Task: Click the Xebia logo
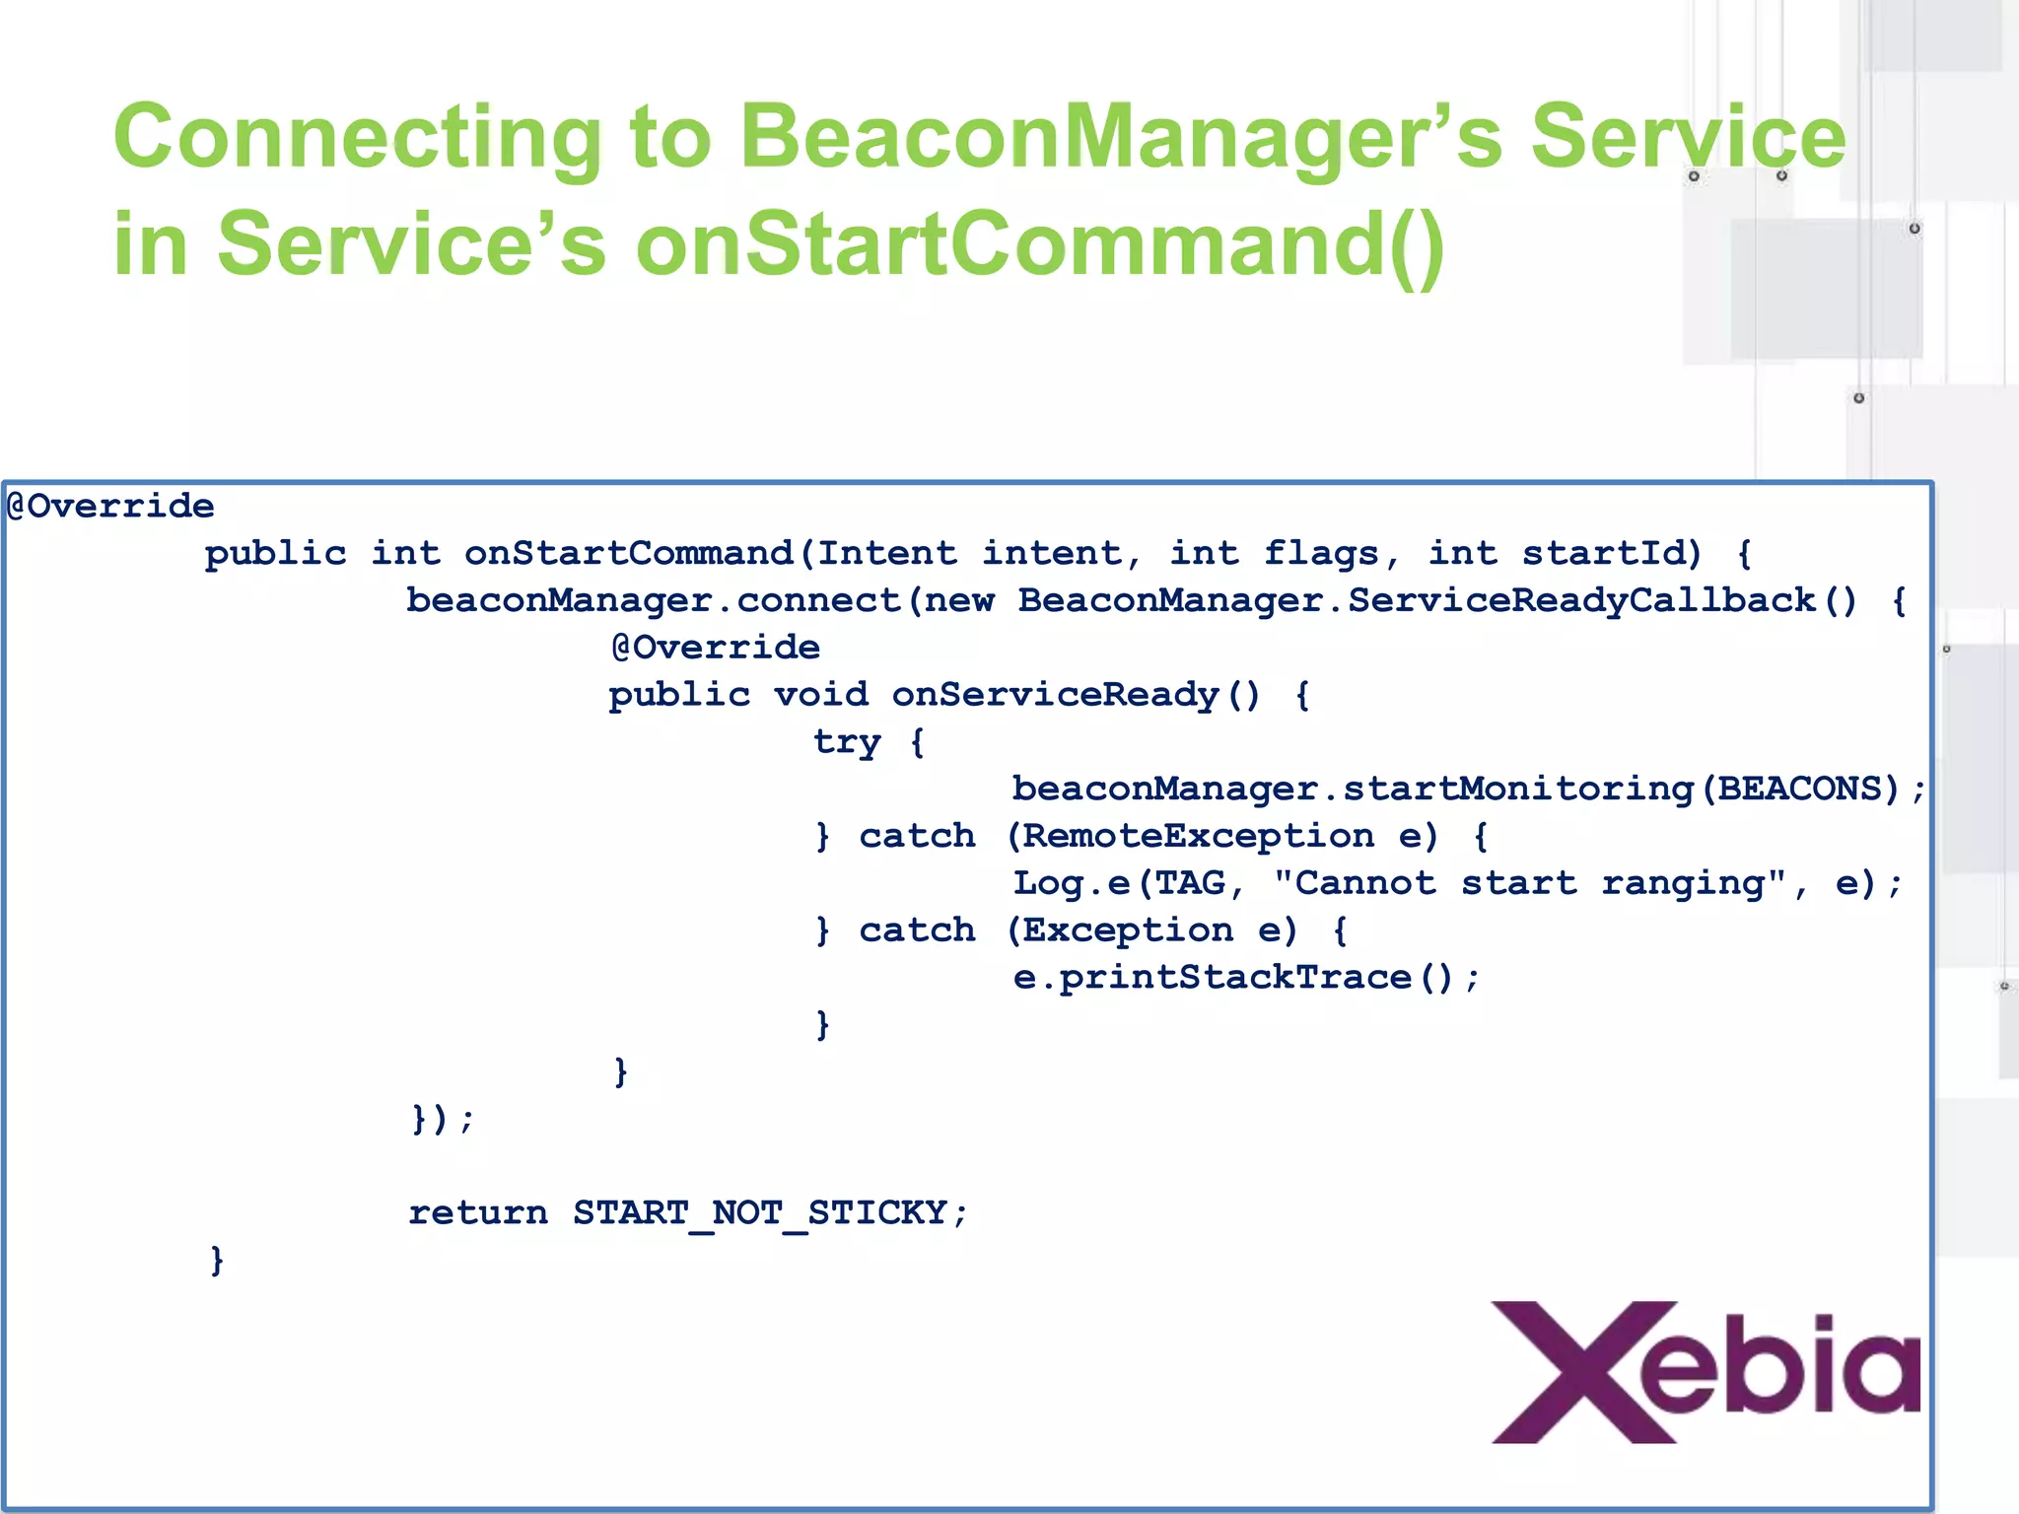pyautogui.click(x=1706, y=1372)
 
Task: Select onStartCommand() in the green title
pyautogui.click(x=1040, y=244)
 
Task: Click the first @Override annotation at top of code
pyautogui.click(x=110, y=507)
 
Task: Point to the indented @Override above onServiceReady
pyautogui.click(x=716, y=648)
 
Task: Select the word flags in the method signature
pyautogui.click(x=1321, y=553)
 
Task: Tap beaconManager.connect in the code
pyautogui.click(x=654, y=600)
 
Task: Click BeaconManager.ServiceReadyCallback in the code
pyautogui.click(x=1417, y=600)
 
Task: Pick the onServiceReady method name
pyautogui.click(x=1056, y=695)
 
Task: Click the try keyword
pyautogui.click(x=847, y=742)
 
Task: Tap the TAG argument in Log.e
pyautogui.click(x=1190, y=883)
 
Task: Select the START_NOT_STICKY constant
pyautogui.click(x=760, y=1212)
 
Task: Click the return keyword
pyautogui.click(x=478, y=1212)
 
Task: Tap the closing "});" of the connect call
pyautogui.click(x=442, y=1119)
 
